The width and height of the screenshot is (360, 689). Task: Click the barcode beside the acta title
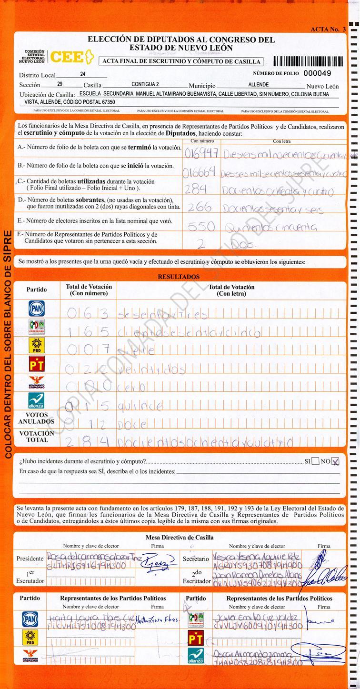[307, 61]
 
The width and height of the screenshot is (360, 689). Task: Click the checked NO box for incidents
[335, 461]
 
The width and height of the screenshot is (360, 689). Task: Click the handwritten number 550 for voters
[201, 227]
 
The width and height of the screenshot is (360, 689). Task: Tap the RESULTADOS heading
[179, 277]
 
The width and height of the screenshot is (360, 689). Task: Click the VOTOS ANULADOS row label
[37, 418]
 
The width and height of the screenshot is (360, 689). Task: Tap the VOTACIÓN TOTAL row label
[37, 437]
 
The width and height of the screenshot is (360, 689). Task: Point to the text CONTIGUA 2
[145, 84]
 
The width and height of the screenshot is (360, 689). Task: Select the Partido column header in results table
[37, 290]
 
